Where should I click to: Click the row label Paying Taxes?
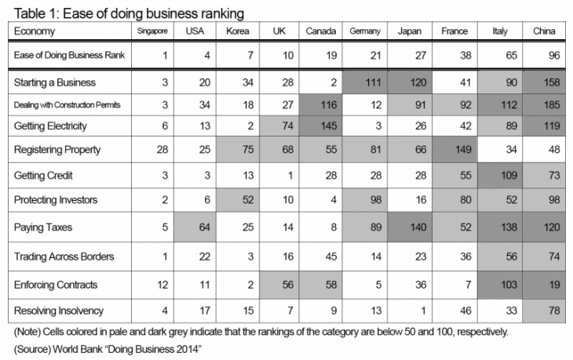(x=43, y=227)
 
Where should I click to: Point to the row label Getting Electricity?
(x=51, y=125)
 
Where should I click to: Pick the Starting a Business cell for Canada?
(x=323, y=82)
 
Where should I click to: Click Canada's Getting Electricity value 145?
(x=323, y=125)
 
